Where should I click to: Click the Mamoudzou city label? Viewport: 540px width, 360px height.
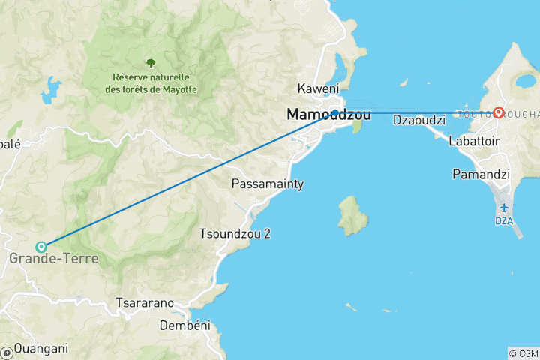tap(328, 115)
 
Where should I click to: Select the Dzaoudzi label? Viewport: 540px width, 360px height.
tap(414, 120)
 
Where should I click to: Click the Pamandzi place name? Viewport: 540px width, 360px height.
tap(481, 175)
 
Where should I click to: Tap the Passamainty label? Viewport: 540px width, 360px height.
tap(268, 184)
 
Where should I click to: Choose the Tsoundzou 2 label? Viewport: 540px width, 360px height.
tap(235, 233)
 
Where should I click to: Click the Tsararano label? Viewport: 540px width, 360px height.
tap(145, 303)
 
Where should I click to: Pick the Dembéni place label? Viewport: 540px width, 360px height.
tap(185, 325)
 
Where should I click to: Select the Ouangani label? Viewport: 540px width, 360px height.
tap(40, 348)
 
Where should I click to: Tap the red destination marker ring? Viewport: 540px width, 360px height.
tap(498, 113)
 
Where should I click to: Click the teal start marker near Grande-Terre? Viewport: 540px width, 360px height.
tap(42, 246)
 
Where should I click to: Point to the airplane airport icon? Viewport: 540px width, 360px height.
tap(503, 208)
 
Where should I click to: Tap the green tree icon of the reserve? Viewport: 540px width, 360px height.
tap(151, 63)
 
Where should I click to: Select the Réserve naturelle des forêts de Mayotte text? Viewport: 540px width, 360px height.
tap(150, 83)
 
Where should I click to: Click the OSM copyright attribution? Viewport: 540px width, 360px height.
tap(523, 353)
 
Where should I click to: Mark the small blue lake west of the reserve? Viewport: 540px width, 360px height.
tap(50, 90)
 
